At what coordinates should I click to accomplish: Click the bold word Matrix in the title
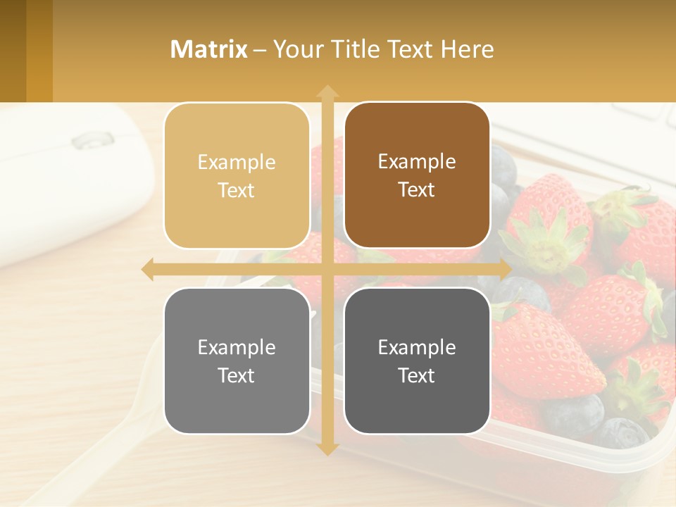208,49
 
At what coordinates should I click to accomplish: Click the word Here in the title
467,49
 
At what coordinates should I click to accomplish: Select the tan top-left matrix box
237,176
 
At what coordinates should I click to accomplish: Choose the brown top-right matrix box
417,175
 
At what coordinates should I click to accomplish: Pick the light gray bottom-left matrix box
237,361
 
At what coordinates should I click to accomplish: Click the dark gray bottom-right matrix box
417,361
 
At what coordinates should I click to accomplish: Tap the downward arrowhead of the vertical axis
327,449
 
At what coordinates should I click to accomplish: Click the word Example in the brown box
417,161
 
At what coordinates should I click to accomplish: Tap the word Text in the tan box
237,191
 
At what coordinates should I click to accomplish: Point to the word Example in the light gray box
237,347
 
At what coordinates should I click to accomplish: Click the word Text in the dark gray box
417,375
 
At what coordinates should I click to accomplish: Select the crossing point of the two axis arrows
327,270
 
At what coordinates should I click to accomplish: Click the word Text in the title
409,49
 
